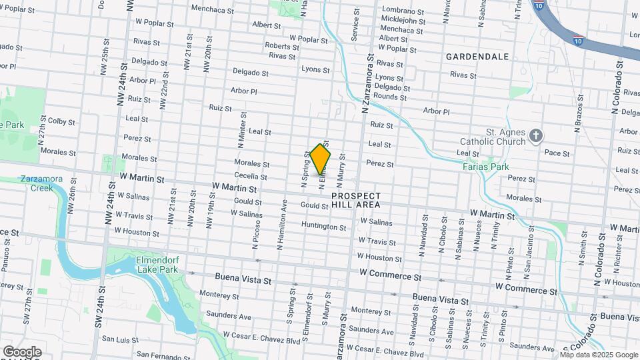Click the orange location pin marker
pos(321,159)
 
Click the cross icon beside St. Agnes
pos(535,137)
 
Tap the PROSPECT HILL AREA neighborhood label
pos(356,201)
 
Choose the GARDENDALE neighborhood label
pos(477,56)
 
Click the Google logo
pos(21,351)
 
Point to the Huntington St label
pos(324,227)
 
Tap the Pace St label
pos(557,153)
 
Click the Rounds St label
pos(390,97)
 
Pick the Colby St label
pos(61,121)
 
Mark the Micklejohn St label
pos(402,21)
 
